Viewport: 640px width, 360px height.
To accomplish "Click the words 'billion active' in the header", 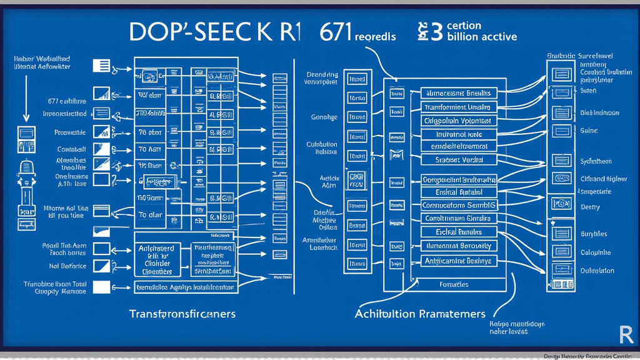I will (x=482, y=36).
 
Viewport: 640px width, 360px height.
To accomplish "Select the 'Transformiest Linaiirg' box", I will (x=457, y=106).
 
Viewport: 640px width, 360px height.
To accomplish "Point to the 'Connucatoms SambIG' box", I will (x=457, y=205).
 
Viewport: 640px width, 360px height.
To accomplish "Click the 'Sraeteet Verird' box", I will (x=457, y=160).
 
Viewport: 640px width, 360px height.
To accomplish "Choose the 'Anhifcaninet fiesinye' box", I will (x=457, y=260).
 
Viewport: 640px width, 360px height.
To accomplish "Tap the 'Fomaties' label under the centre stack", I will (x=454, y=284).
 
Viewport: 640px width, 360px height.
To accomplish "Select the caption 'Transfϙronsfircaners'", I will (x=182, y=312).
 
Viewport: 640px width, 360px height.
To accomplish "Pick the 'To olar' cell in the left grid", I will (x=151, y=214).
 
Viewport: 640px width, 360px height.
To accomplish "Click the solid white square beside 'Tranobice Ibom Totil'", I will (x=101, y=287).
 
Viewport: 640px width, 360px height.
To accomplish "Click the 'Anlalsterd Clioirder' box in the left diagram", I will (x=156, y=259).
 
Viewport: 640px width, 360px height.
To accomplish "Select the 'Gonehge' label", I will (x=324, y=117).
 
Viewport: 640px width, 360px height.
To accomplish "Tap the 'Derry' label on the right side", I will (x=590, y=207).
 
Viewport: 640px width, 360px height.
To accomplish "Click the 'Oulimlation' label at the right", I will (x=597, y=271).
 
